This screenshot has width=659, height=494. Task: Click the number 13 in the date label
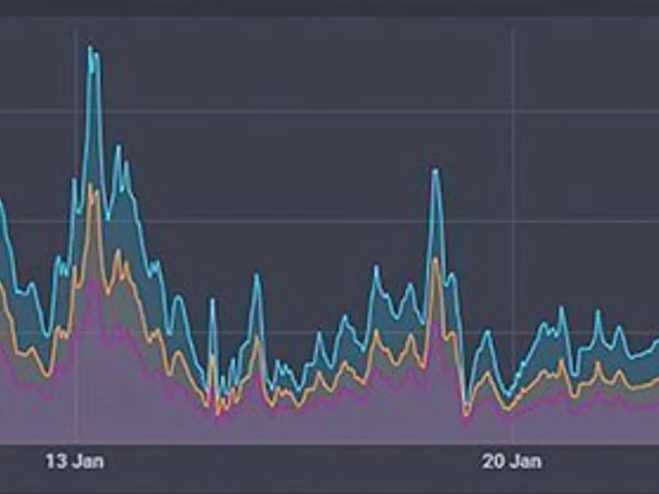click(55, 461)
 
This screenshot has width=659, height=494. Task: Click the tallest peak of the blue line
click(91, 48)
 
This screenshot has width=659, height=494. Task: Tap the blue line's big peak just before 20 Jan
click(435, 170)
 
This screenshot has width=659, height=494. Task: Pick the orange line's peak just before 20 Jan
click(436, 259)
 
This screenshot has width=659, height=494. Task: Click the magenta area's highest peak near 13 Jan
click(93, 280)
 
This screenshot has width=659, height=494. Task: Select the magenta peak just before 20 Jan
click(435, 324)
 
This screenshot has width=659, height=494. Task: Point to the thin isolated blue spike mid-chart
click(213, 300)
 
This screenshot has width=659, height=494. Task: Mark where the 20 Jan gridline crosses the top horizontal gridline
click(513, 111)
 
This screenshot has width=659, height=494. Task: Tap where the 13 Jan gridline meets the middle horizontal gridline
click(76, 222)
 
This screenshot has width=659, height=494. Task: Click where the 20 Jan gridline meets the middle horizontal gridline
click(513, 222)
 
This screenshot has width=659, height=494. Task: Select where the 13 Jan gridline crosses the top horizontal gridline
click(76, 111)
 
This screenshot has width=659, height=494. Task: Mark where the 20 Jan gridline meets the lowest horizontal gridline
click(513, 332)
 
